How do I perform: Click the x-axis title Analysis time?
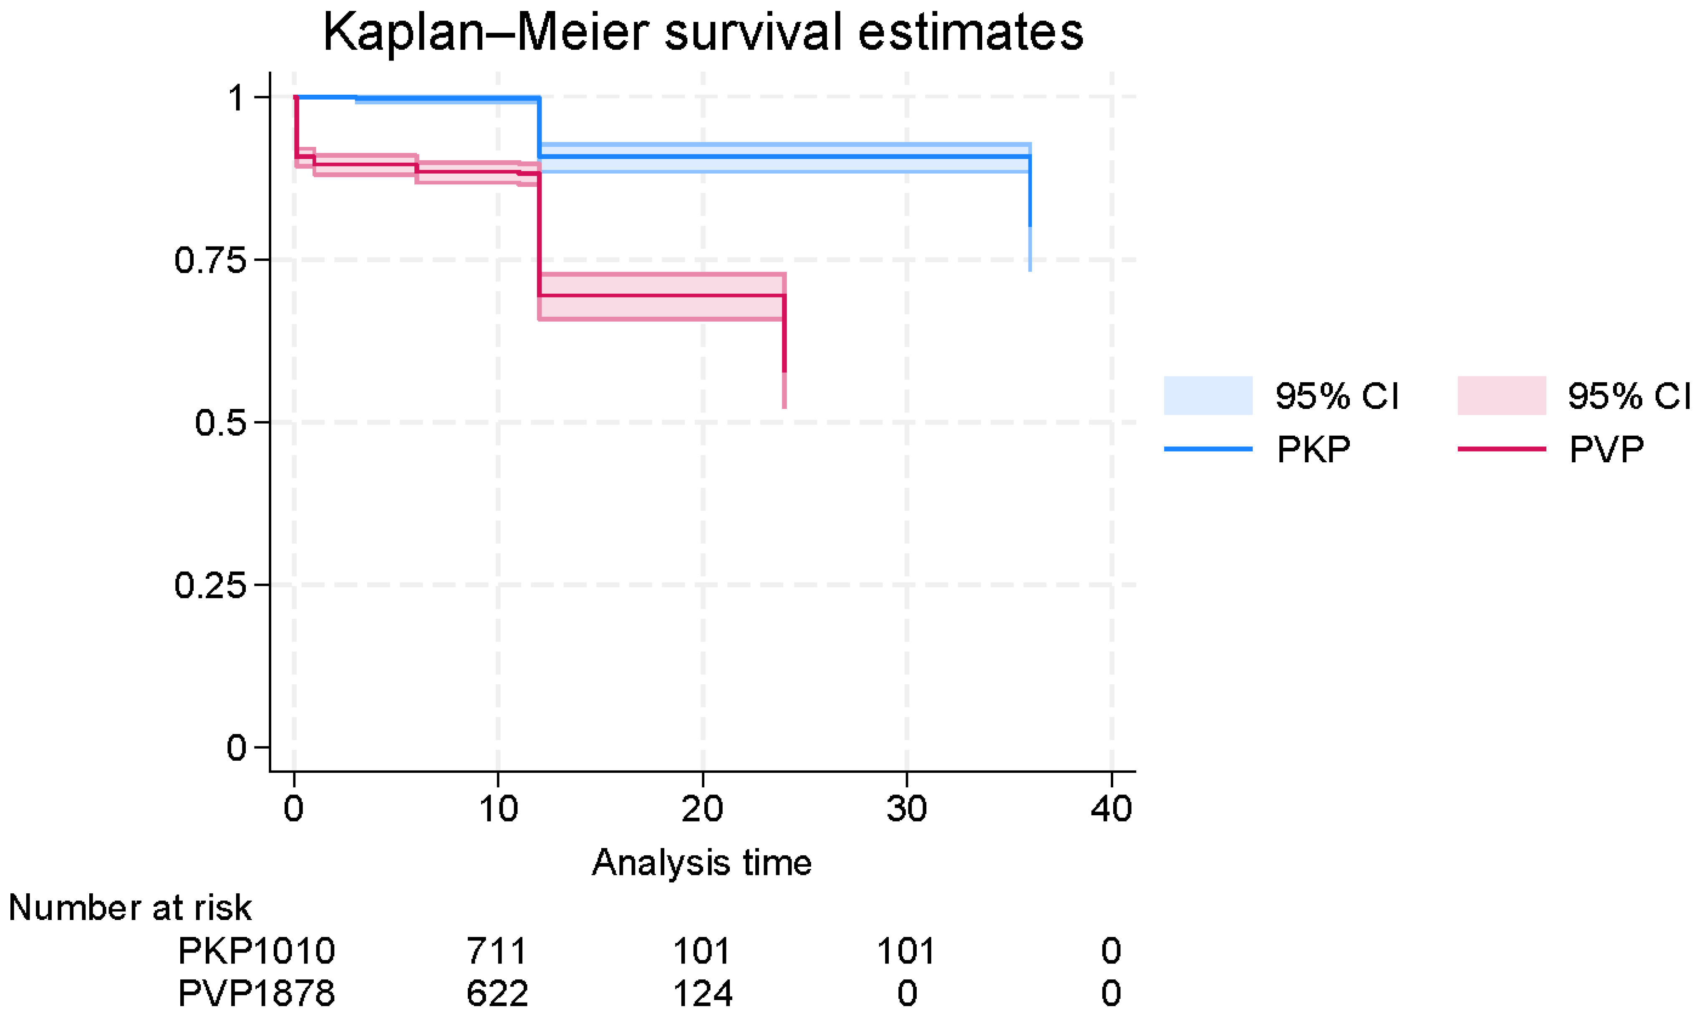click(702, 862)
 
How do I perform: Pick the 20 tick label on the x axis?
click(702, 809)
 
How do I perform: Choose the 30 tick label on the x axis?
click(906, 809)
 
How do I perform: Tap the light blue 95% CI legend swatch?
click(1208, 395)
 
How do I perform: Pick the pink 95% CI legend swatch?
click(1501, 395)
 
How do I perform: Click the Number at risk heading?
click(130, 908)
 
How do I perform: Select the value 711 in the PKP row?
click(497, 951)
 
